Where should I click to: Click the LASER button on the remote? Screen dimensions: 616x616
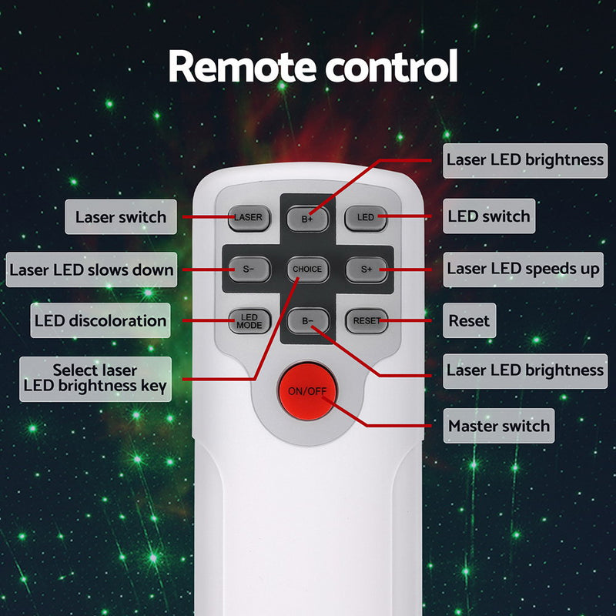point(249,218)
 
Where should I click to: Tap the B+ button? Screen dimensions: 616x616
point(307,219)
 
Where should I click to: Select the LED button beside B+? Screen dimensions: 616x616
point(366,218)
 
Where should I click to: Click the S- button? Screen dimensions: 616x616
point(249,269)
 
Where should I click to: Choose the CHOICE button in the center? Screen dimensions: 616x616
point(307,269)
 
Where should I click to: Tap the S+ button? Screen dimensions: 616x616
point(367,269)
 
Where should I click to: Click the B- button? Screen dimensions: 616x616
point(308,321)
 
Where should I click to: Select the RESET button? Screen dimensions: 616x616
point(367,321)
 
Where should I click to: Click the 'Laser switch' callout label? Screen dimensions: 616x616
point(121,217)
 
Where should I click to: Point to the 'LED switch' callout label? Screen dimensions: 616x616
point(489,216)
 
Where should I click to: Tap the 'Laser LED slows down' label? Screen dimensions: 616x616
point(92,269)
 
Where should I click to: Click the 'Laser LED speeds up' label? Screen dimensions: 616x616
point(524,269)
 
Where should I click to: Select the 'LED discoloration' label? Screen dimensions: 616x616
point(101,320)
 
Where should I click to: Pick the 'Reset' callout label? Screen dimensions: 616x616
point(470,320)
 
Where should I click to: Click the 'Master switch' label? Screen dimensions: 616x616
point(499,426)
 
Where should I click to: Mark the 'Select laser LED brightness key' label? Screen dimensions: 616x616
point(95,379)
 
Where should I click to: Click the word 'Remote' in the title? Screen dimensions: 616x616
point(243,66)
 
